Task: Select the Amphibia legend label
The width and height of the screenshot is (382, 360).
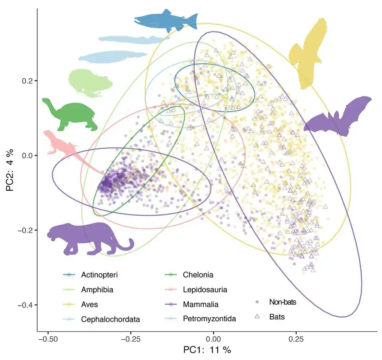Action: click(97, 290)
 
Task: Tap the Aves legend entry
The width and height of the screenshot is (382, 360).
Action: click(90, 304)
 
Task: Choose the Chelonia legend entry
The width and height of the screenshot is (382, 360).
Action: click(198, 275)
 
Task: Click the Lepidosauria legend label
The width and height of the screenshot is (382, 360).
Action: click(205, 290)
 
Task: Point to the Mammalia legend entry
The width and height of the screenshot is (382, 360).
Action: click(201, 304)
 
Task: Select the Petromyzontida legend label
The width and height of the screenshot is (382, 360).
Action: click(209, 319)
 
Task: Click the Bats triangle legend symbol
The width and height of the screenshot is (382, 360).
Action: click(257, 316)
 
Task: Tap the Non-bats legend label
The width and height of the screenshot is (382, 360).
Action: click(283, 302)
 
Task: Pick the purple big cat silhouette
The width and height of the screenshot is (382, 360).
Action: click(86, 239)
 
